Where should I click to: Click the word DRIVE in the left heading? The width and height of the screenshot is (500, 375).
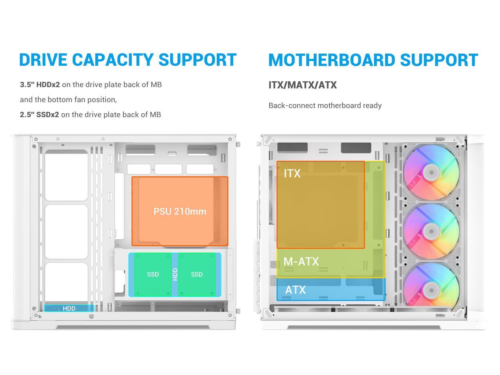pos(43,60)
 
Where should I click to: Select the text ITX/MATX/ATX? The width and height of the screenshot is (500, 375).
pos(302,85)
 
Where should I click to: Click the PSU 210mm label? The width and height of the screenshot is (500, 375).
pos(180,211)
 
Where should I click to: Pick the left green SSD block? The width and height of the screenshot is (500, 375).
pos(153,274)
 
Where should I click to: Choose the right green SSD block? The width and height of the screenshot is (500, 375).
pos(197,274)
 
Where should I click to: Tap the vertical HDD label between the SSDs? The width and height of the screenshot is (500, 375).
pos(175,274)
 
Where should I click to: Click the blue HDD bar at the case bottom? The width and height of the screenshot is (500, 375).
pos(69,308)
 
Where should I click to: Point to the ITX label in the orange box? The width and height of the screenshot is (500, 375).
pos(292,173)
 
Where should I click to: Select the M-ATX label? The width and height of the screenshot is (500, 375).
pos(301,261)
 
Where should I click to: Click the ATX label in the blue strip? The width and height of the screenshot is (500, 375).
pos(295,290)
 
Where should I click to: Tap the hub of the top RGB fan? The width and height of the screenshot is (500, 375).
pos(431,172)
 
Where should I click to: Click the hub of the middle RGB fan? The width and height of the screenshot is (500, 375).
pos(431,231)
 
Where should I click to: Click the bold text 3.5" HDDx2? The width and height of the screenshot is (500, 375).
pos(40,85)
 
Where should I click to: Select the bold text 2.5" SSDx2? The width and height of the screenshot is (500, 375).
pos(39,114)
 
